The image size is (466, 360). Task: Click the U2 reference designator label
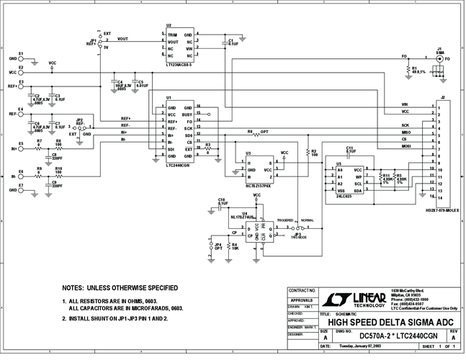tap(169, 24)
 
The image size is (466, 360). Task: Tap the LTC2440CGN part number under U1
tap(178, 165)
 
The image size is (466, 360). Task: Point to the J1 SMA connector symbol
tap(439, 56)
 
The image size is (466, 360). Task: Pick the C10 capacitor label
tap(222, 198)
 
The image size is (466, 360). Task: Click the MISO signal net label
tap(405, 132)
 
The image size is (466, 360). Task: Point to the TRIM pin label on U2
tap(172, 34)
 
